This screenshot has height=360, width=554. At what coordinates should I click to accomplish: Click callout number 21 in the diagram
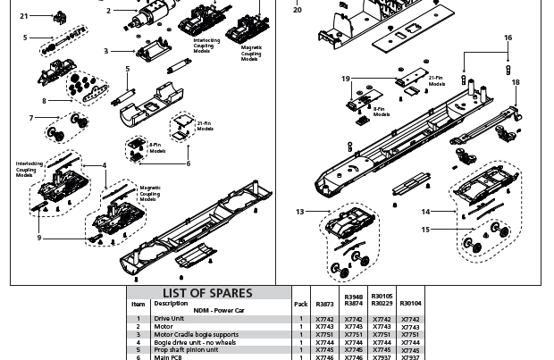(x=24, y=16)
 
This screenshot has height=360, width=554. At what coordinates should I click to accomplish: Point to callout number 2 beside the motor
(x=108, y=11)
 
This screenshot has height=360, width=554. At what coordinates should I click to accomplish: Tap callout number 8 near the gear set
(x=45, y=101)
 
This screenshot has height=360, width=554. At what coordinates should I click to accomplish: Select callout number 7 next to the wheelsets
(x=31, y=118)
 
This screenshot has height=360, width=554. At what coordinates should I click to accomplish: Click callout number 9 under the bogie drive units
(x=38, y=238)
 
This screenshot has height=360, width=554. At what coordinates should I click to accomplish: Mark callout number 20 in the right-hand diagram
(x=298, y=10)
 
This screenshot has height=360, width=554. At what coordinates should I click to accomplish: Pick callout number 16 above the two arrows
(x=508, y=38)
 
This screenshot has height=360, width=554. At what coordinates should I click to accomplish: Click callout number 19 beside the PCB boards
(x=346, y=80)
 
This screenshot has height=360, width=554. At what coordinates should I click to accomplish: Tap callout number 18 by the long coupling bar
(x=515, y=82)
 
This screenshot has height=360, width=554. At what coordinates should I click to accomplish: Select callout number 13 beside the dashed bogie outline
(x=300, y=212)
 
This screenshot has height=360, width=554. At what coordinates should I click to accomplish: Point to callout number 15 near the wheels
(x=425, y=230)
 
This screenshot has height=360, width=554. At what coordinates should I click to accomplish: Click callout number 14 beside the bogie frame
(x=425, y=212)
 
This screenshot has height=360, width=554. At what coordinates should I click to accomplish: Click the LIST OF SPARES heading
(x=207, y=293)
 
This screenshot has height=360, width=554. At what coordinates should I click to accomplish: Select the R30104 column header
(x=410, y=304)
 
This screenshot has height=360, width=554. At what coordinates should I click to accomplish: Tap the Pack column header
(x=300, y=304)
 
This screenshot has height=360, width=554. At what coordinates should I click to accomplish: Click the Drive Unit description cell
(x=169, y=318)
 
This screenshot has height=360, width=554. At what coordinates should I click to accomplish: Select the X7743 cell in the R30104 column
(x=410, y=326)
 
